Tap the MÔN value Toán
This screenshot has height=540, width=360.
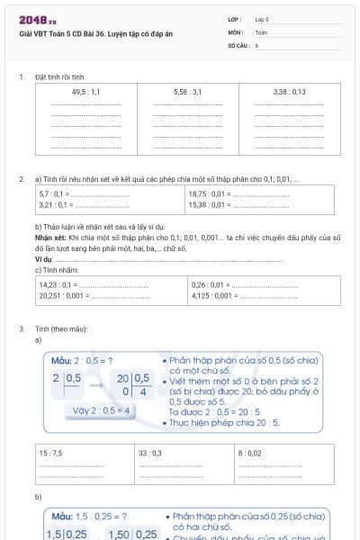[x=260, y=31]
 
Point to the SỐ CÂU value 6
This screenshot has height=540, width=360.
[x=256, y=44]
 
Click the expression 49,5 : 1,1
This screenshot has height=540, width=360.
[x=85, y=92]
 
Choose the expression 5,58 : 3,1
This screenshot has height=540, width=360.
[x=187, y=92]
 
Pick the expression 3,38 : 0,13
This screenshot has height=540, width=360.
[x=289, y=92]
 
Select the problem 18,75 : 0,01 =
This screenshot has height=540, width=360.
[x=208, y=193]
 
